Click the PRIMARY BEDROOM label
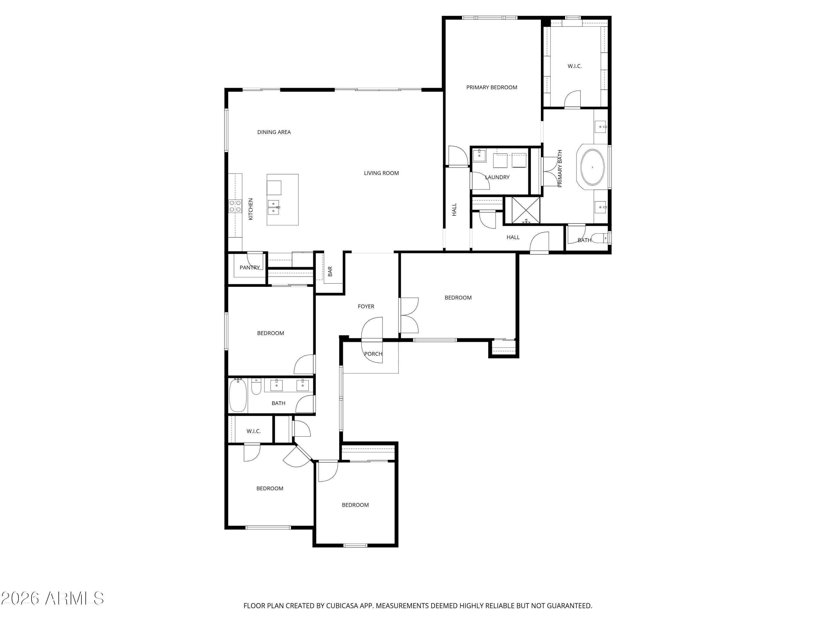491,87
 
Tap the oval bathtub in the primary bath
592,167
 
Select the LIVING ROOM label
381,173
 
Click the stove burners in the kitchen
235,206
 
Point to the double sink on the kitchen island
273,207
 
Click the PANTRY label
249,268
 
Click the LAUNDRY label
497,177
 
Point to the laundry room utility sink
479,155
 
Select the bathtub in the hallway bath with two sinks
238,396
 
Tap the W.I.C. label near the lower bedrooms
253,431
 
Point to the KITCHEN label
250,209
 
